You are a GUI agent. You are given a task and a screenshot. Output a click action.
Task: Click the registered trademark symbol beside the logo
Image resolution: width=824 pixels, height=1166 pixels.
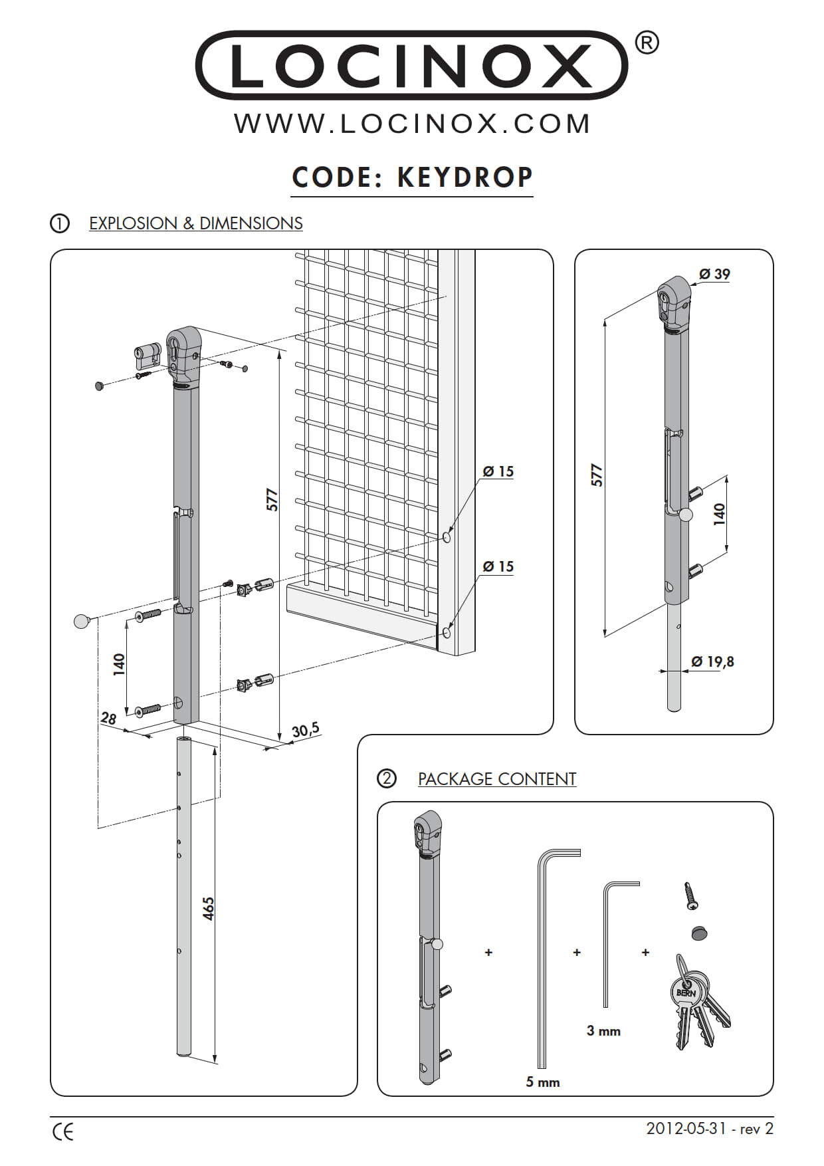click(x=647, y=43)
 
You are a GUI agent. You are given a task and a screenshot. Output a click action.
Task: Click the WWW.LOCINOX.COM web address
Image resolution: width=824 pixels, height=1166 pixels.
click(x=412, y=124)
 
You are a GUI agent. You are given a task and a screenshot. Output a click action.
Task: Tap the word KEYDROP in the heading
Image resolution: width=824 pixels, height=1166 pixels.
click(x=465, y=177)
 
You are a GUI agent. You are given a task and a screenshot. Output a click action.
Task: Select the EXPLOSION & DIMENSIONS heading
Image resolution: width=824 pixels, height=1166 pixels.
click(x=195, y=223)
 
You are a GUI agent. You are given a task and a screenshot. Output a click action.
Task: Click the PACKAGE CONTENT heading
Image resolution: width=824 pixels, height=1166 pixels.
click(x=496, y=779)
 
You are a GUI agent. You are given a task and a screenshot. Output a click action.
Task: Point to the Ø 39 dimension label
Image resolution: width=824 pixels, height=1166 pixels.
click(x=714, y=274)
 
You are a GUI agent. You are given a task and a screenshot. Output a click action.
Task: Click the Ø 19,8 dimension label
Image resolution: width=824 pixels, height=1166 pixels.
click(x=712, y=661)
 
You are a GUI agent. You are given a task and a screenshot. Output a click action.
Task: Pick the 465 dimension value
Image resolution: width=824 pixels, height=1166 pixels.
click(x=209, y=909)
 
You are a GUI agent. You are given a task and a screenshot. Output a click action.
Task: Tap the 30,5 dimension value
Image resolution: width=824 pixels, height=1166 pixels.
click(x=306, y=730)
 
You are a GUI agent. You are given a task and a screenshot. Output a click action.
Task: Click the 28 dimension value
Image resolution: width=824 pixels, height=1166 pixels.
click(x=108, y=718)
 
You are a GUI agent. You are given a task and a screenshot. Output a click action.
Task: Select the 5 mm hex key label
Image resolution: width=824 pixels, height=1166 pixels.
click(x=542, y=1082)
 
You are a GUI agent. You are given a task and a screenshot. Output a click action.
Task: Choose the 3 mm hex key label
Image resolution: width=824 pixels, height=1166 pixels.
click(x=603, y=1031)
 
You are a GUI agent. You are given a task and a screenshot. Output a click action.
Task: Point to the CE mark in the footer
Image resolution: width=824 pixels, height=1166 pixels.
click(x=62, y=1131)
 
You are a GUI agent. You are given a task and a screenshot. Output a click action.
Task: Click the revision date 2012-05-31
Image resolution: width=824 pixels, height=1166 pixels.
click(x=686, y=1129)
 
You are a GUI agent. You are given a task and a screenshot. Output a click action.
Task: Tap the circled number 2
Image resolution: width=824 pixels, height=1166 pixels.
click(x=386, y=778)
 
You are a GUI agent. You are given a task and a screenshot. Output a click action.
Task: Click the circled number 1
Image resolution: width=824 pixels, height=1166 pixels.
click(x=59, y=223)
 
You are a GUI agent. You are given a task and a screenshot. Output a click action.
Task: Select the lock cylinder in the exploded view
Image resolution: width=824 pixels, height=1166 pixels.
click(x=148, y=356)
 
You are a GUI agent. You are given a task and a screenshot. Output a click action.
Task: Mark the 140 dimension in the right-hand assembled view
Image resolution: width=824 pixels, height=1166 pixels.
click(x=720, y=514)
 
